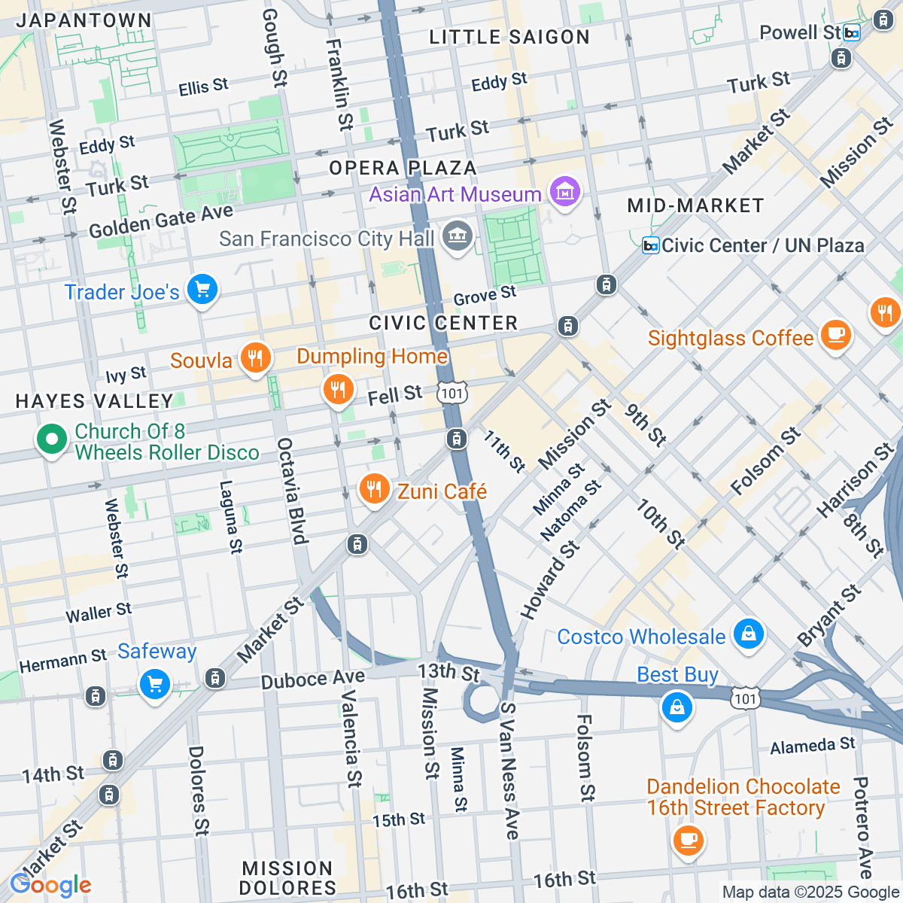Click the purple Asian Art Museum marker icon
[564, 193]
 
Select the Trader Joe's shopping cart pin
[202, 290]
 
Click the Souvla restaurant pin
[255, 358]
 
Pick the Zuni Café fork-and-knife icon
[373, 490]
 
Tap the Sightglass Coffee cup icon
[835, 335]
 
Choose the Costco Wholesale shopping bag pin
[748, 634]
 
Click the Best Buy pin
[676, 708]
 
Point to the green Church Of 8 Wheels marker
[51, 439]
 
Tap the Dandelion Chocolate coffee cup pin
[688, 840]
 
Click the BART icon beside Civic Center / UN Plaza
[650, 245]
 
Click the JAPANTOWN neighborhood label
[84, 20]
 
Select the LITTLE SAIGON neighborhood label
[509, 37]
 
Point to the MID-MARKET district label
[695, 205]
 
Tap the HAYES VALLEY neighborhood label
[95, 401]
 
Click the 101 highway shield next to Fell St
[452, 393]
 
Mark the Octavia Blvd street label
[292, 491]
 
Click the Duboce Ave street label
[313, 679]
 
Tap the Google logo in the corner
[50, 885]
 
